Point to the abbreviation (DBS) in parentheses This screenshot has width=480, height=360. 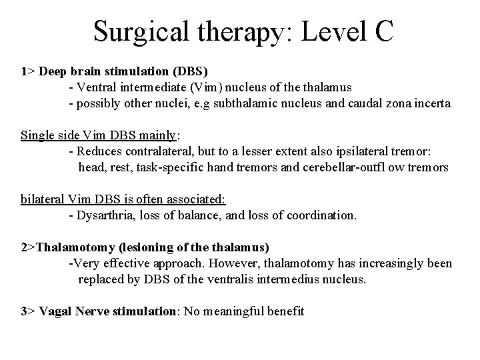tap(193, 71)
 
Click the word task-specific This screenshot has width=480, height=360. tap(169, 167)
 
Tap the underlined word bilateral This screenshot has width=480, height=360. tap(42, 199)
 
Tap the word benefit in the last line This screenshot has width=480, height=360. tap(284, 311)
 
